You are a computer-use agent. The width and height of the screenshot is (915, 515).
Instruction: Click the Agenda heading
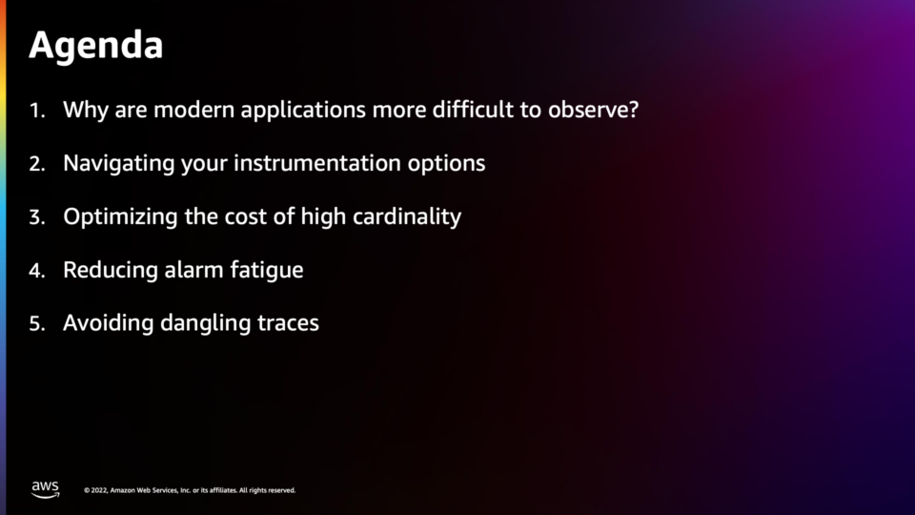tap(95, 46)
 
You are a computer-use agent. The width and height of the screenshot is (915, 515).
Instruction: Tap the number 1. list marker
tap(37, 111)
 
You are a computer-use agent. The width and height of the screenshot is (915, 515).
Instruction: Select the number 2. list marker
tap(37, 164)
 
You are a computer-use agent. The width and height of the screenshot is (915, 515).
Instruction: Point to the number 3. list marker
tap(37, 217)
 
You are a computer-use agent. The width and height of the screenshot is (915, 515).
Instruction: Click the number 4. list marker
tap(37, 271)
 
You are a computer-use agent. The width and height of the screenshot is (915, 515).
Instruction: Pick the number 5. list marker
tap(37, 324)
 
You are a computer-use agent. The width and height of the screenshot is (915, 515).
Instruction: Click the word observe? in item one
tap(594, 110)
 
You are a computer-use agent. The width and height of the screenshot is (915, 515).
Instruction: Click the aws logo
tap(46, 489)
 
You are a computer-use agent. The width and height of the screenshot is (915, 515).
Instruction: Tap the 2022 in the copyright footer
tap(98, 490)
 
